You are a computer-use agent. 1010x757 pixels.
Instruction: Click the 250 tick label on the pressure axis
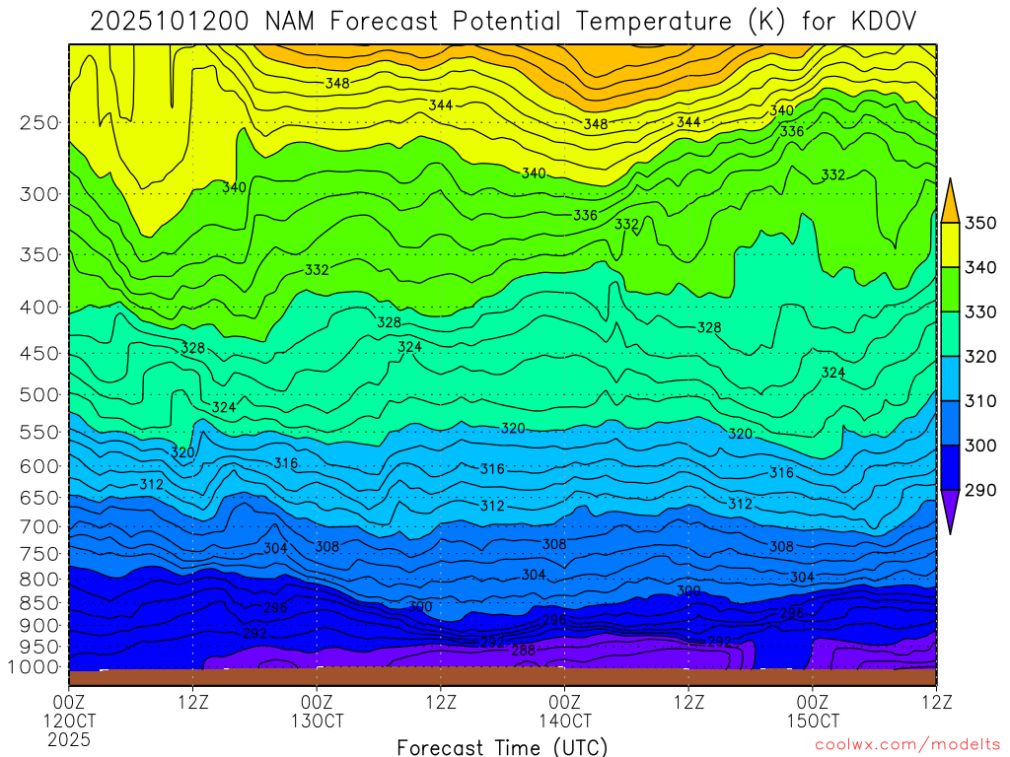[39, 123]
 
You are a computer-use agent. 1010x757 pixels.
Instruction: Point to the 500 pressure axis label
[39, 395]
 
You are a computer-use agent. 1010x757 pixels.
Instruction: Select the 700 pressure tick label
[39, 525]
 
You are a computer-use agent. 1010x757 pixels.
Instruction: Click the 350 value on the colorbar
[979, 222]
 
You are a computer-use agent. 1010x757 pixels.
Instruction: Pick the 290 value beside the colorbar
[979, 490]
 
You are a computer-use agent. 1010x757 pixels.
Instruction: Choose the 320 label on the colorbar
[979, 356]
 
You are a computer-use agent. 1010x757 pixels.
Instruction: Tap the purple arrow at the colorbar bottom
[951, 512]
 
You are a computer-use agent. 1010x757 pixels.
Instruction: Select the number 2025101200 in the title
[173, 21]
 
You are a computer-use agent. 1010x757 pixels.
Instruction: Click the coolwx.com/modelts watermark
[905, 746]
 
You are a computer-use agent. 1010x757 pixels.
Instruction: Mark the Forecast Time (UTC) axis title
[502, 746]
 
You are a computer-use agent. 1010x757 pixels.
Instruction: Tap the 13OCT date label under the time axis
[317, 721]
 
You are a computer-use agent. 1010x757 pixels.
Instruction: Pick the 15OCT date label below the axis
[812, 721]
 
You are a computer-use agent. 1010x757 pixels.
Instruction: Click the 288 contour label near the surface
[524, 651]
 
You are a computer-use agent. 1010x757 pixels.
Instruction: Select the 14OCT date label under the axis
[564, 721]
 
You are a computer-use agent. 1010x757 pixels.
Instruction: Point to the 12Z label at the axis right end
[935, 702]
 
